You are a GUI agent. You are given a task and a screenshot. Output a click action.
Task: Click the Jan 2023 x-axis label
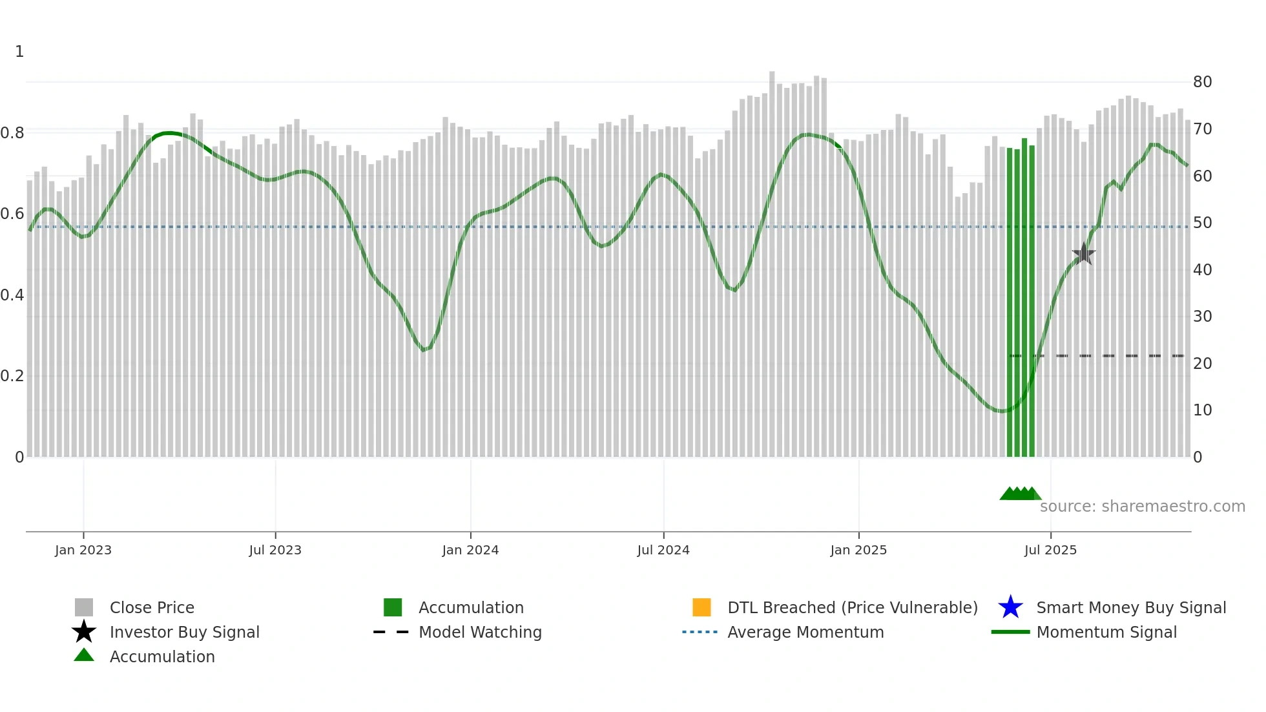coord(83,550)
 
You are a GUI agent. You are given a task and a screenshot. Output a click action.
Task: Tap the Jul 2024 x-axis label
coord(663,550)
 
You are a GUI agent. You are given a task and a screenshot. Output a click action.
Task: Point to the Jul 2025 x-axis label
coord(1051,550)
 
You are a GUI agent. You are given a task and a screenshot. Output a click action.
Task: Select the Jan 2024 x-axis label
coord(470,550)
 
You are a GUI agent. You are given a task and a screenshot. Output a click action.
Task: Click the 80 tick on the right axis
coord(1202,82)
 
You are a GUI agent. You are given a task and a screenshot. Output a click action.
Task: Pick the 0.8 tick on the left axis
coord(12,133)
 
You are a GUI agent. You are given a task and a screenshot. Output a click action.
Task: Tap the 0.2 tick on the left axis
coord(12,376)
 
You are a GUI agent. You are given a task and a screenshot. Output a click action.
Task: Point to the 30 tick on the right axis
coord(1202,317)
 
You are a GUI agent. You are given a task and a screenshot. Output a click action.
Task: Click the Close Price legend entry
coord(152,607)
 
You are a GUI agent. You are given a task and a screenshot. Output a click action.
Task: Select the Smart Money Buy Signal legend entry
coord(1131,607)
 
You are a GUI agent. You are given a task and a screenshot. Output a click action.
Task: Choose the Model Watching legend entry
coord(480,632)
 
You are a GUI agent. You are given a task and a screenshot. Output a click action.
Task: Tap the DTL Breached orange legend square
coord(701,607)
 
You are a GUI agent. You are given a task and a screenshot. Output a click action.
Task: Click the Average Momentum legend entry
coord(805,632)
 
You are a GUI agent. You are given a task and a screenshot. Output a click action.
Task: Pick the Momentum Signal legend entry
coord(1106,632)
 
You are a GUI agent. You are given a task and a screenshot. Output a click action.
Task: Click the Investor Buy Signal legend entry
coord(184,632)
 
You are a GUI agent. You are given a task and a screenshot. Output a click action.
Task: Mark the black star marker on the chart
coord(1083,254)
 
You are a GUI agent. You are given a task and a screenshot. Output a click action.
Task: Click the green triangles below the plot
coord(1020,494)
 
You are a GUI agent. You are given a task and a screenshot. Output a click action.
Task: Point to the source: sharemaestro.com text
coord(1142,507)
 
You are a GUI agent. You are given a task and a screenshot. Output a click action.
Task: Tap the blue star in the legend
coord(1010,607)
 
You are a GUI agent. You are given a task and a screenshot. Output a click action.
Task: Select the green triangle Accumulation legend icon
coord(84,655)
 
